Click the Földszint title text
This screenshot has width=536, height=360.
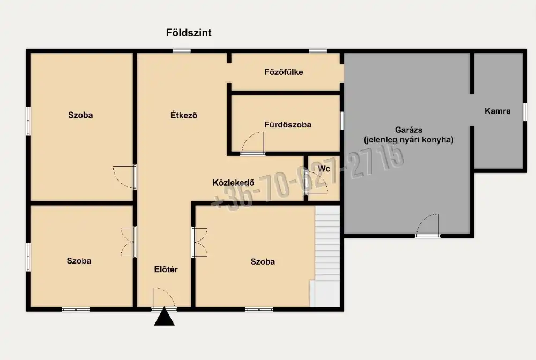(x=189, y=33)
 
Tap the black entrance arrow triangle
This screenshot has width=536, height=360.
(x=164, y=317)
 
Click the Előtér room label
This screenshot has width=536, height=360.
(x=166, y=269)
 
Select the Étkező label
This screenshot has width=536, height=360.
(x=184, y=115)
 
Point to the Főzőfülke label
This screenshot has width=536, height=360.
(x=284, y=72)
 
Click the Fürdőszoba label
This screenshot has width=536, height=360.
(x=287, y=125)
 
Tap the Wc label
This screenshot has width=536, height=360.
(x=324, y=169)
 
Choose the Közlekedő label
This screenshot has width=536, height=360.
(x=234, y=182)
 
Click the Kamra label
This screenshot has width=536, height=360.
(x=497, y=111)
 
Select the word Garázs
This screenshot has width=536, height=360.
(x=408, y=130)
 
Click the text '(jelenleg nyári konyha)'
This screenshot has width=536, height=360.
(x=408, y=140)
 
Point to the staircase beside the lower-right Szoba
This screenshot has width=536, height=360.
(x=327, y=256)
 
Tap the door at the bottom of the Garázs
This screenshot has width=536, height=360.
(x=427, y=226)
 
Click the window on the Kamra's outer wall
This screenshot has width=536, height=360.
(x=524, y=112)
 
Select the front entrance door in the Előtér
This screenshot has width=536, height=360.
(x=164, y=299)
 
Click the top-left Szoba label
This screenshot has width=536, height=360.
(x=80, y=115)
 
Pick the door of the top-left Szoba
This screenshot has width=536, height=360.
(x=125, y=177)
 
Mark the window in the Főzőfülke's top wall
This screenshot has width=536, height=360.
(x=318, y=51)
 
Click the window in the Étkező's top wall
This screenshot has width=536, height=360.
(x=182, y=51)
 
